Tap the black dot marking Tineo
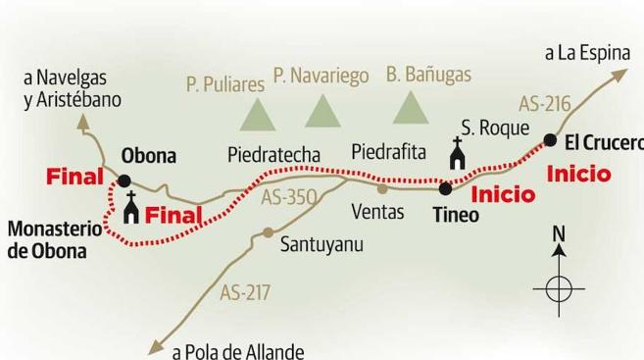pos(445,187)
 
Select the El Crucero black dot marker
pos(550,141)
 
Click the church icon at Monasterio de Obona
pos(129,208)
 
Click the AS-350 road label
pos(289,197)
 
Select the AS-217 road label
pos(245,291)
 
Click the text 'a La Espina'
pos(587,52)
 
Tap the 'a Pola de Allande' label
pos(238,351)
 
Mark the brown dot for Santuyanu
pos(267,233)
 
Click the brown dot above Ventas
pos(382,188)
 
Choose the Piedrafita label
pos(389,151)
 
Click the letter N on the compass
pos(559,234)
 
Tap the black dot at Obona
pos(124,180)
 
